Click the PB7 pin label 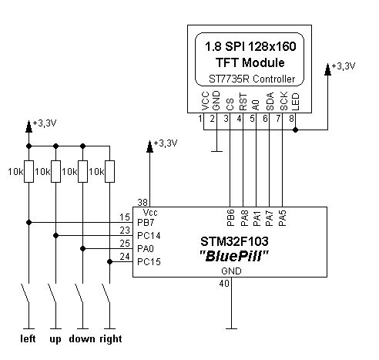point(146,223)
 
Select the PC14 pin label point(149,236)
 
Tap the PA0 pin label point(146,249)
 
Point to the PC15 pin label point(149,262)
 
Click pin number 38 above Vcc point(143,203)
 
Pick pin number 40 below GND point(224,284)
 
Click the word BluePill point(234,256)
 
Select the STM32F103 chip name point(234,241)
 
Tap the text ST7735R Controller point(252,79)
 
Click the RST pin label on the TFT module point(243,102)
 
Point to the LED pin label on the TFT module point(296,102)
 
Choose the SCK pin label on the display point(284,101)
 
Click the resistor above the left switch point(29,171)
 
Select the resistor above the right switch point(110,171)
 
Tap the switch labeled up point(53,294)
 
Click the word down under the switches point(82,339)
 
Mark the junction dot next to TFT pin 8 point(296,130)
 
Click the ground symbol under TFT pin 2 point(216,151)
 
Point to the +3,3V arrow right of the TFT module point(327,69)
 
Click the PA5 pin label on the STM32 point(283,218)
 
